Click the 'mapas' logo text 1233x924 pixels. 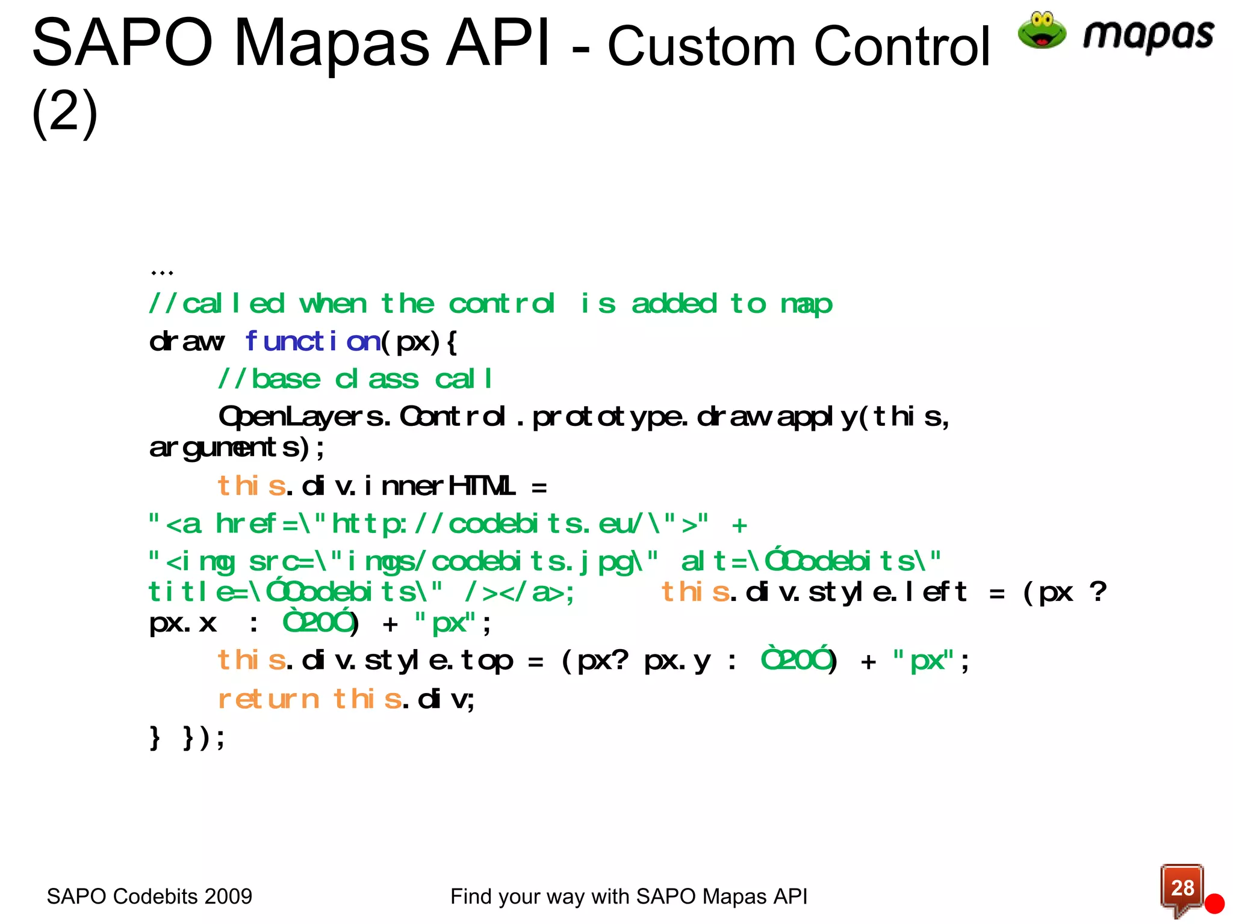(1148, 35)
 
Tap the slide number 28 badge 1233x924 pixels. (1182, 889)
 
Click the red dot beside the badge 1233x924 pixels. (1214, 904)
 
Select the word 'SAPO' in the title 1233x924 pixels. (122, 43)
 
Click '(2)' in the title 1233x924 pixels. (64, 112)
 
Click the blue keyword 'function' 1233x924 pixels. (312, 342)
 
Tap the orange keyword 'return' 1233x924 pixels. (269, 699)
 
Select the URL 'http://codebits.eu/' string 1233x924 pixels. (488, 524)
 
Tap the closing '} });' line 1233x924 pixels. (187, 737)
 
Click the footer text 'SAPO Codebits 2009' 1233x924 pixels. (149, 896)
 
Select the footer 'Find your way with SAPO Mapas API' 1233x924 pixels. (629, 896)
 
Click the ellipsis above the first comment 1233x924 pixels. (162, 273)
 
